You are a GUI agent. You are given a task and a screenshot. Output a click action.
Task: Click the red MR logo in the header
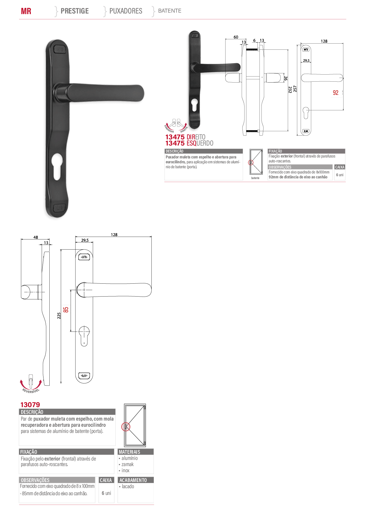tap(26, 11)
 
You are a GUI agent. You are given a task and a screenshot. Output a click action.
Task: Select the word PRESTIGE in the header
tap(75, 11)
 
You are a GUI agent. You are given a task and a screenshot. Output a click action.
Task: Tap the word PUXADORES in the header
tap(126, 11)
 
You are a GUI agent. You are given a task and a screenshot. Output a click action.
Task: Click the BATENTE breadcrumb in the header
tap(169, 11)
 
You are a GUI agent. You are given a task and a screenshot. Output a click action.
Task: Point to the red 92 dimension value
tap(336, 93)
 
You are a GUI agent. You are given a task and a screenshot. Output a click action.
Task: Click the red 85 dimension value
tap(66, 310)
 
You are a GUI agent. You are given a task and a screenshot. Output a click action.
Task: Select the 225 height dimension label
tap(59, 316)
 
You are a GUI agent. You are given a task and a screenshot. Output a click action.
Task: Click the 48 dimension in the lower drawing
tap(36, 237)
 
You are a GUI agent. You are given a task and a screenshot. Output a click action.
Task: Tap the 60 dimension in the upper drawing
tap(236, 37)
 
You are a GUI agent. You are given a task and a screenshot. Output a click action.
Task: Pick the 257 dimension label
tap(295, 89)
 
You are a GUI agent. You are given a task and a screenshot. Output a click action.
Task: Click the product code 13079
tap(30, 405)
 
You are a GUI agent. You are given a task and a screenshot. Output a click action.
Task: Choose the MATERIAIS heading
tap(130, 452)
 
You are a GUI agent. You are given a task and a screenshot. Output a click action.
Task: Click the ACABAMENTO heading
tap(133, 480)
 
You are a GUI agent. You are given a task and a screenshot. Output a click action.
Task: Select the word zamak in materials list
tap(127, 464)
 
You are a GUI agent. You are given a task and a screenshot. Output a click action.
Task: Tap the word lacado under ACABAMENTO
tap(128, 486)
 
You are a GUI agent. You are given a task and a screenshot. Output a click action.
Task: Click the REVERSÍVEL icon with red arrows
tap(31, 383)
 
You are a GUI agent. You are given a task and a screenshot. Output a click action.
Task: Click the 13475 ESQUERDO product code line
tap(189, 143)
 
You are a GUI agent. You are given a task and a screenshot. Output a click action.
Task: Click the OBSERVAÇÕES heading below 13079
tap(35, 480)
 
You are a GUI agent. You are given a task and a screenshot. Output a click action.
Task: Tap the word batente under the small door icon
tap(255, 178)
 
